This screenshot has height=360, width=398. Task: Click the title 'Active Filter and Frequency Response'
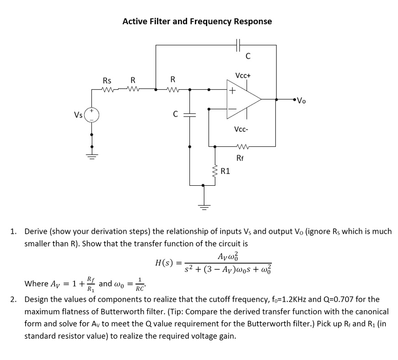tap(197, 21)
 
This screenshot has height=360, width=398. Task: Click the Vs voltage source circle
tap(92, 114)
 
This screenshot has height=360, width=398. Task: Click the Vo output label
tap(301, 101)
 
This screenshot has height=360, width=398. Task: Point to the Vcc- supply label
tap(241, 129)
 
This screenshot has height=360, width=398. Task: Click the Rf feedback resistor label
tap(240, 158)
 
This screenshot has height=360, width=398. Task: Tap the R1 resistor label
tap(226, 172)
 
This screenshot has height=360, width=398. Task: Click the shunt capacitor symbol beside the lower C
tap(189, 116)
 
